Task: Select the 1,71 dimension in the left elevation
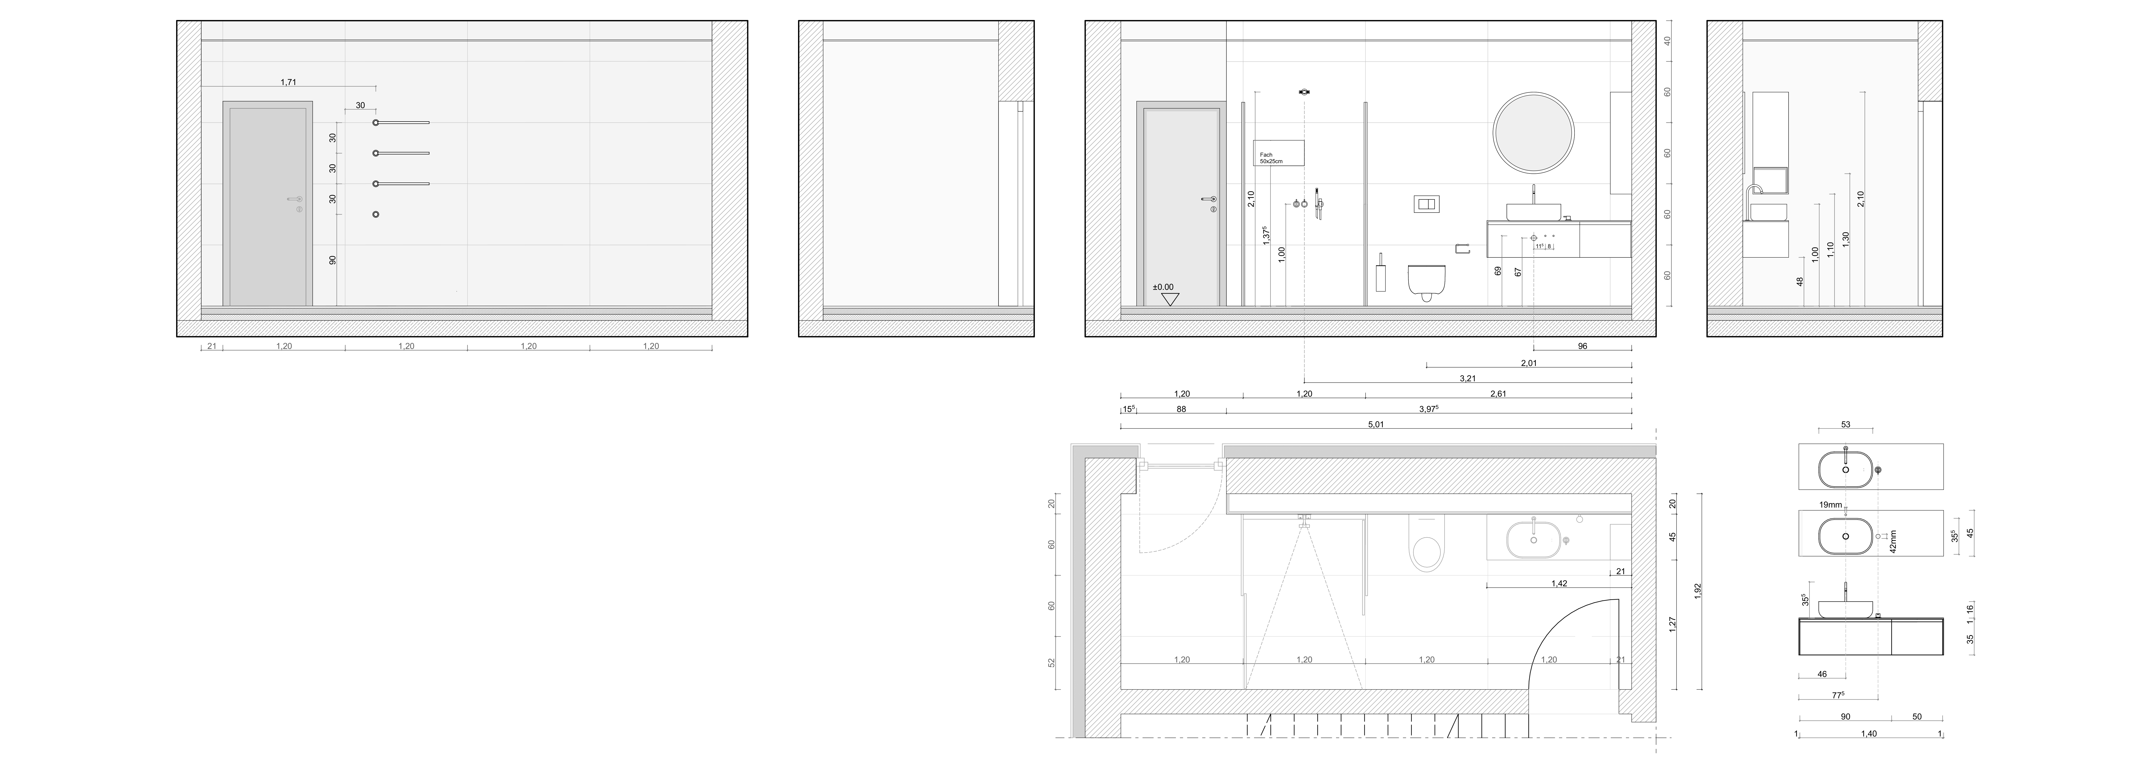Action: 288,82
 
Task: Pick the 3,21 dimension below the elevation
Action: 1468,378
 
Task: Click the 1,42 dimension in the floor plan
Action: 1559,583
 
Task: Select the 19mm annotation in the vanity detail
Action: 1830,504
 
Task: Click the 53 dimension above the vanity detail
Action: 1846,425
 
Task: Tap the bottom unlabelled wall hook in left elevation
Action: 376,214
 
